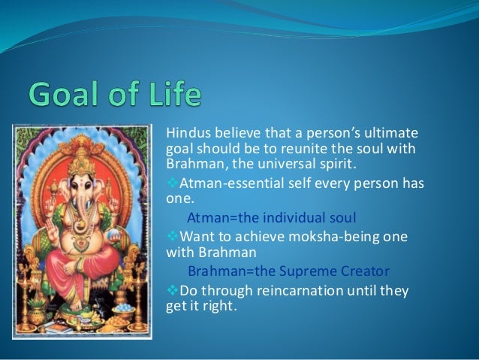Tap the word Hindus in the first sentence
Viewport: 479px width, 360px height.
(185, 134)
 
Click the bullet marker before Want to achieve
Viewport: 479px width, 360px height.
(169, 236)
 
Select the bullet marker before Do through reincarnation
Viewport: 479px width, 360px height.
(169, 288)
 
